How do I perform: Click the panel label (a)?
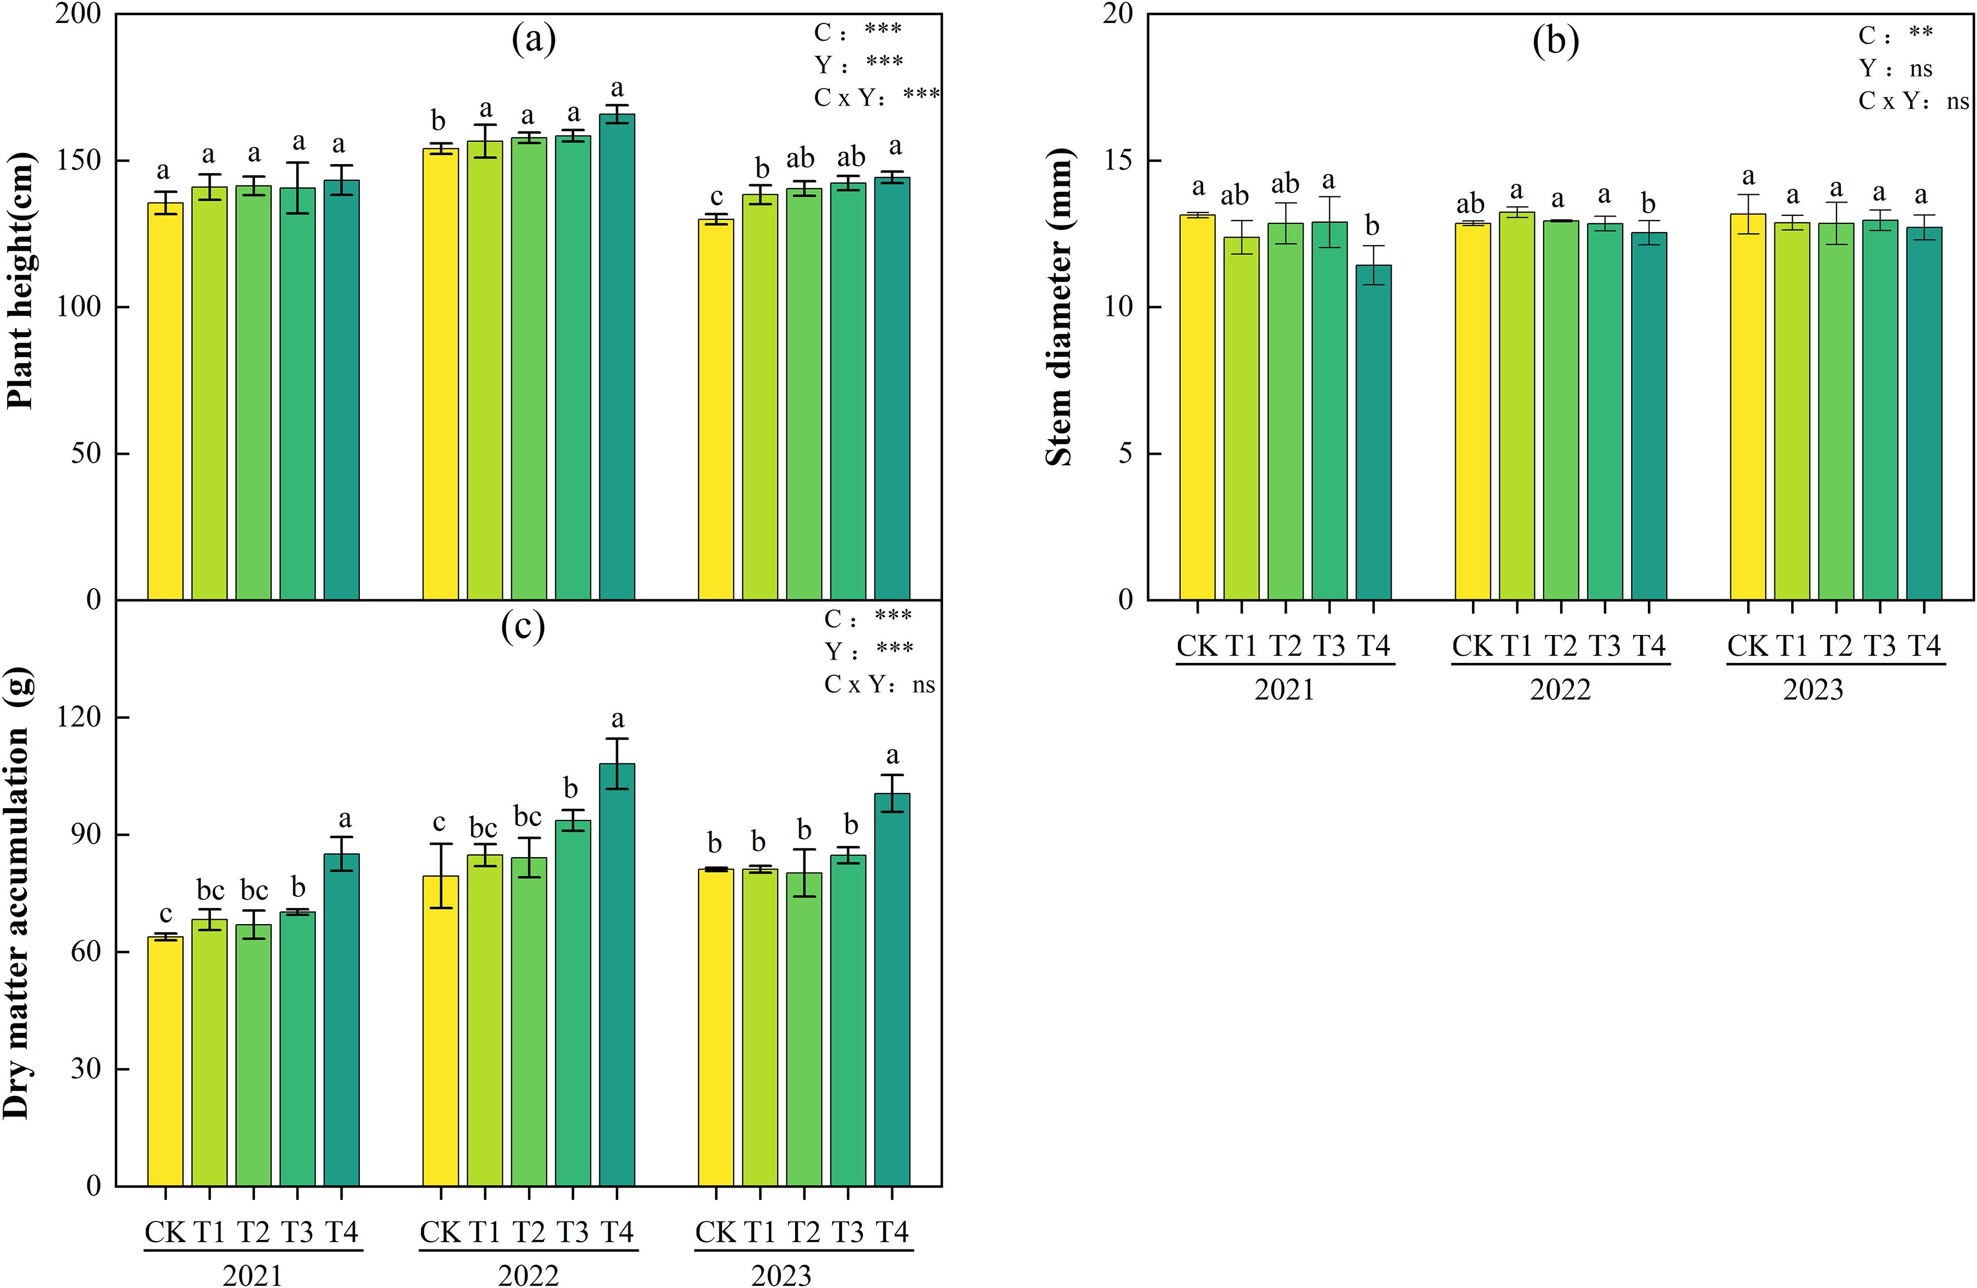pos(533,39)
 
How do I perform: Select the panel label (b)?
pos(1556,41)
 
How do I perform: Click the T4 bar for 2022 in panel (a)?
pos(617,357)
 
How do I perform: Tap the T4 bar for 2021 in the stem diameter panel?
pos(1373,432)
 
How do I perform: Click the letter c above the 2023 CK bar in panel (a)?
pos(716,198)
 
